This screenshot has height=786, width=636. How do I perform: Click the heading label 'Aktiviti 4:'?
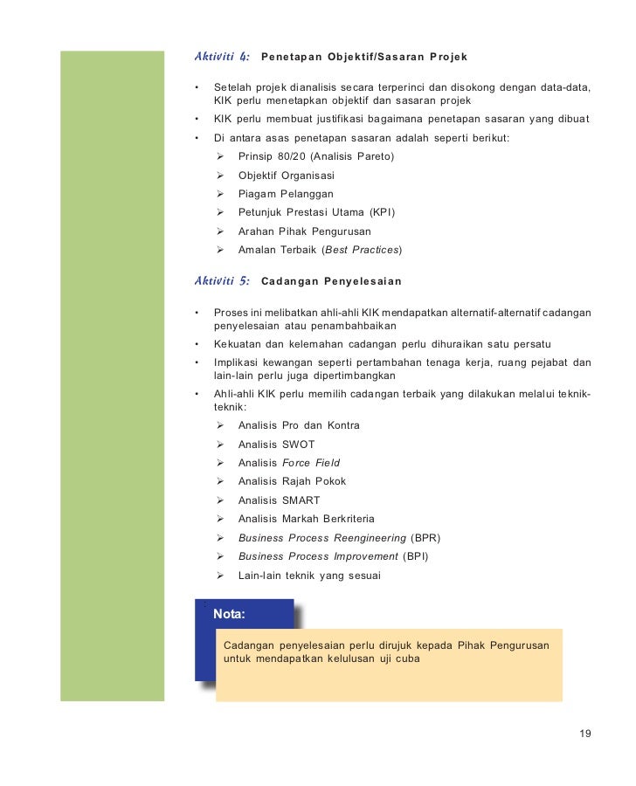coord(222,57)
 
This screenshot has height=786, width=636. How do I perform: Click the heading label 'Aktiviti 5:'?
coord(222,281)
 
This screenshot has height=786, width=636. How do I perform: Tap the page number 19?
coord(585,733)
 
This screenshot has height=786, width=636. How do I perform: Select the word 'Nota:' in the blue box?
coord(229,614)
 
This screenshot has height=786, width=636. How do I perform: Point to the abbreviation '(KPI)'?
coord(382,212)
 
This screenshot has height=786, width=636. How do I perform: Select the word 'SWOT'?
coord(299,445)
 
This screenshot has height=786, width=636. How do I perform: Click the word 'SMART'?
coord(301,500)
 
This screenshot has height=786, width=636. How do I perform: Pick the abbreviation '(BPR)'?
coord(425,538)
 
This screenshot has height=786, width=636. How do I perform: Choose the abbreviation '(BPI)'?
coord(415,556)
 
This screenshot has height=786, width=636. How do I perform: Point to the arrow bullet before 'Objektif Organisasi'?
coord(220,176)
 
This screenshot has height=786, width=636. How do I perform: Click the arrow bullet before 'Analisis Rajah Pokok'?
coord(220,481)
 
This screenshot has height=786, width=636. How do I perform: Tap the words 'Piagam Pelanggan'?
coord(286,194)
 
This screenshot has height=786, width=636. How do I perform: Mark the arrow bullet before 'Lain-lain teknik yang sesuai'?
coord(220,576)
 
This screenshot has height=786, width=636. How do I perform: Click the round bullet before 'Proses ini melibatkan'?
coord(198,313)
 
